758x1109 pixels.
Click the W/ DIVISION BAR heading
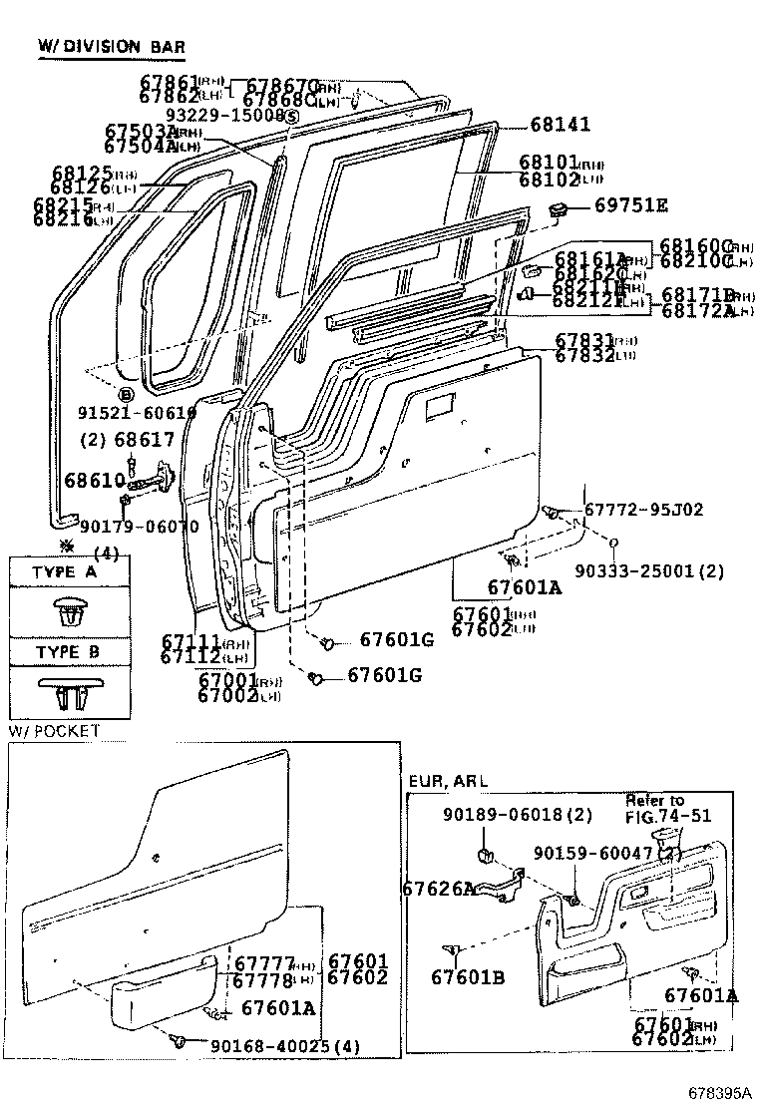(x=111, y=47)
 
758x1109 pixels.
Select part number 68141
(x=560, y=125)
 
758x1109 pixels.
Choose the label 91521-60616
(x=137, y=412)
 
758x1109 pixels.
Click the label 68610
(x=93, y=481)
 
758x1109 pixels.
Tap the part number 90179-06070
(x=139, y=527)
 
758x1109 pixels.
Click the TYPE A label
(x=66, y=572)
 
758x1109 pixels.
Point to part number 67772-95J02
(x=643, y=510)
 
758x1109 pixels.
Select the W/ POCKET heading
(x=55, y=731)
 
